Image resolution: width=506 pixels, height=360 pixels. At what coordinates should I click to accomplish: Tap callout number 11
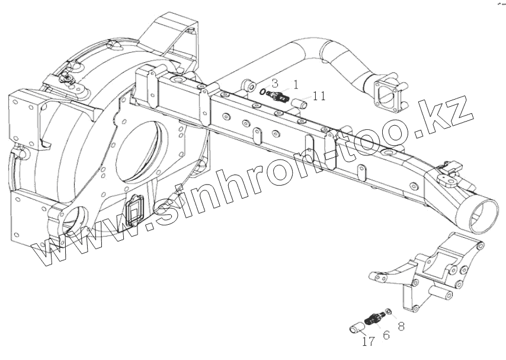tap(319, 95)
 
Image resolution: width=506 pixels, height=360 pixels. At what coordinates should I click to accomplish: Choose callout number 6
tap(386, 335)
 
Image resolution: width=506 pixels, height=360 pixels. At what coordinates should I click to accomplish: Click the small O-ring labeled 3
tap(262, 92)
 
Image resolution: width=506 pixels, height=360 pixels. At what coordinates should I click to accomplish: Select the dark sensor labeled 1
tap(277, 96)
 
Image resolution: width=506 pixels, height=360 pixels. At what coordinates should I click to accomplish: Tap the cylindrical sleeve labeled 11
tap(297, 103)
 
